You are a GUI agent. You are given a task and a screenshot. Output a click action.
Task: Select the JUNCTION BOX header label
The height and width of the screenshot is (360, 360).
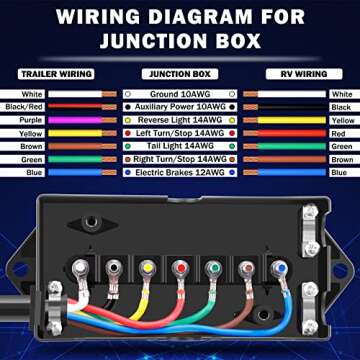coord(179,74)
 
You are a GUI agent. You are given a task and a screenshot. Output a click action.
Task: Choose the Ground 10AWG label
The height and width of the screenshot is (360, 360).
coord(179,93)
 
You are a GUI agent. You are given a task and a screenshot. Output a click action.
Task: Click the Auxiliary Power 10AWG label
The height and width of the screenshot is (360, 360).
coord(179,106)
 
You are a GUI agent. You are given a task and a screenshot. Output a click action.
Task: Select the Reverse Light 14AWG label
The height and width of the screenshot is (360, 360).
coord(179,119)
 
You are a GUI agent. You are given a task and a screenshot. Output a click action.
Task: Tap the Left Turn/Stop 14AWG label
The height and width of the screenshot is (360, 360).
coord(179,132)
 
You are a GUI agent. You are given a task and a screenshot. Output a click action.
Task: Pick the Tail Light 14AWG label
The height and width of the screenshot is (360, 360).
coord(179,145)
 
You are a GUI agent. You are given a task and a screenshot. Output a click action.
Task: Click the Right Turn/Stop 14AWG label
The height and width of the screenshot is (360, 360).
coord(179,158)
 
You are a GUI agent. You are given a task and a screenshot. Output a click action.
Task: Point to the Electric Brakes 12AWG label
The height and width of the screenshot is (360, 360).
coord(179,171)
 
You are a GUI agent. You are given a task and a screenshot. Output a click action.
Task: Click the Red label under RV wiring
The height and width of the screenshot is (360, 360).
coord(339,132)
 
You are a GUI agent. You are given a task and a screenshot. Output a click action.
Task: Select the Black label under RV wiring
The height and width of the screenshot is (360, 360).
coord(339,106)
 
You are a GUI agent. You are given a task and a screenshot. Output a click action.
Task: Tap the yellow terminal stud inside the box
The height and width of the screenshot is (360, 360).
coord(147,268)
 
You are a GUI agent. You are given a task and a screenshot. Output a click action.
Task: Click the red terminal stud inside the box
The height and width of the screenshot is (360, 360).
coord(180,268)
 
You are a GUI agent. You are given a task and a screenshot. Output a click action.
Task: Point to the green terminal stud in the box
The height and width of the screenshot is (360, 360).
coord(212,268)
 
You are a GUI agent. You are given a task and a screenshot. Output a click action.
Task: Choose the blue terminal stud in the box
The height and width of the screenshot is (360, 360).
coord(277,268)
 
